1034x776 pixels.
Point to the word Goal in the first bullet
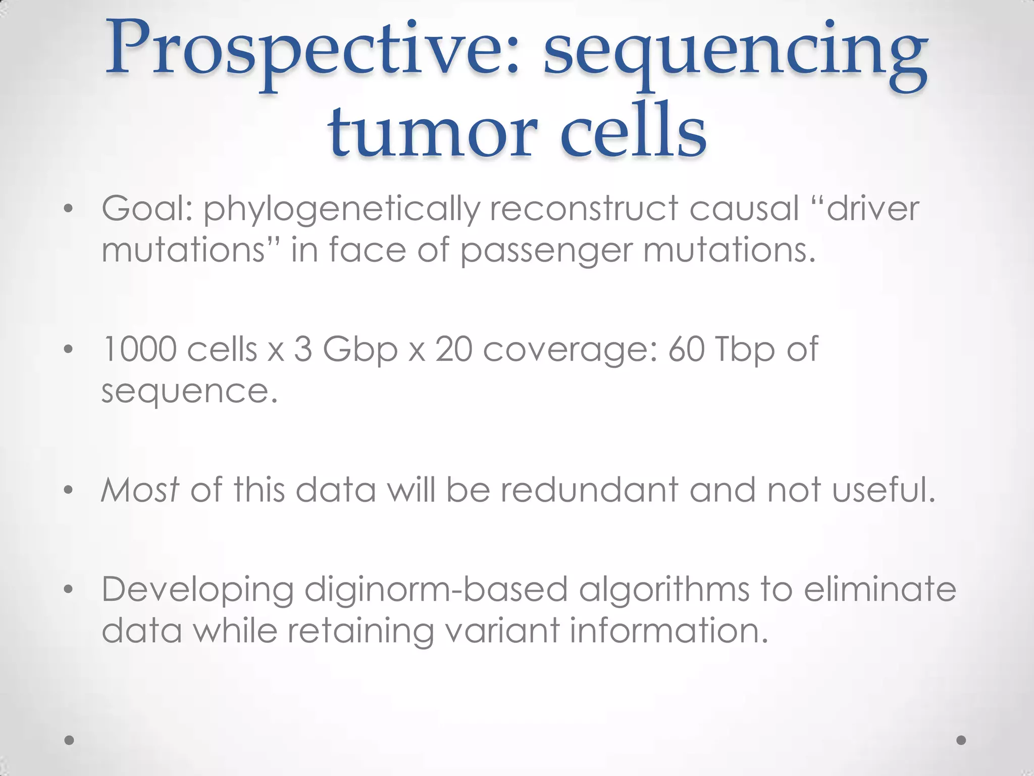147,208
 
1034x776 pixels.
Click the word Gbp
360,351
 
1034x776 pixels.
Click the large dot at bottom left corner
70,740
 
